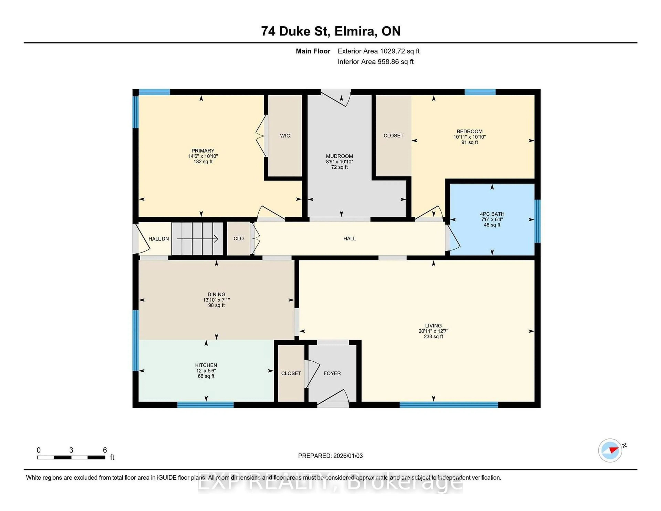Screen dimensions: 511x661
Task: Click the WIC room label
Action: point(285,136)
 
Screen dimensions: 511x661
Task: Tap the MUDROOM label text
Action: point(339,156)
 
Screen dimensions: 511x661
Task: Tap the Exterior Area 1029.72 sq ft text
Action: point(378,51)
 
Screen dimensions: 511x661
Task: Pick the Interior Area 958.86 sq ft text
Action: point(375,62)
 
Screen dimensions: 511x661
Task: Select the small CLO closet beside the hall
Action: point(238,239)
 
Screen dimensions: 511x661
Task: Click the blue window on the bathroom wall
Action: point(537,221)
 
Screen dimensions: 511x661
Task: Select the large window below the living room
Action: point(449,405)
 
